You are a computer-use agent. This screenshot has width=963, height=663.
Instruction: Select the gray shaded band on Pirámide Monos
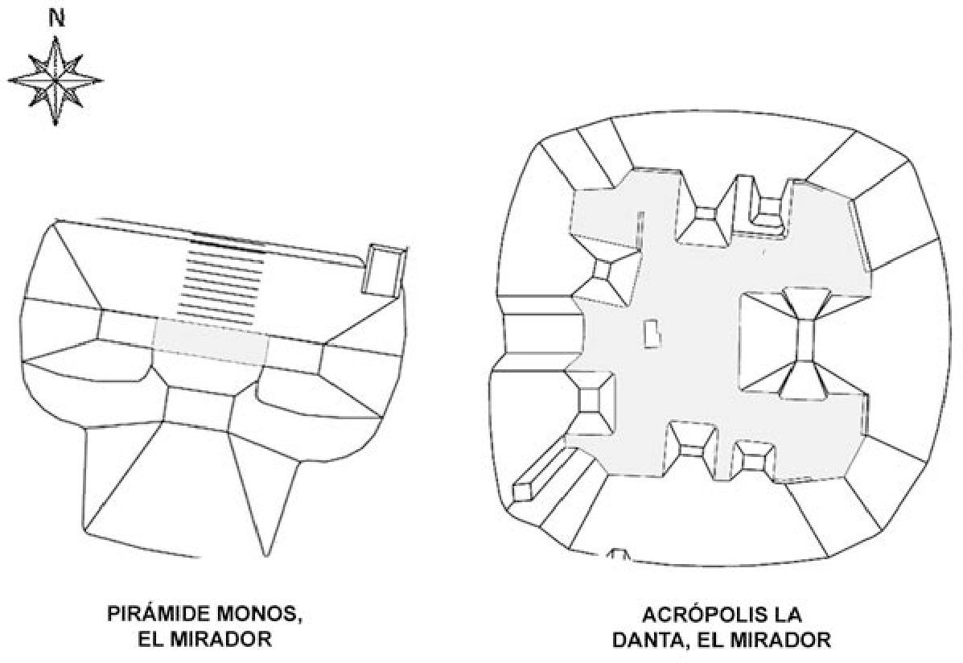211,340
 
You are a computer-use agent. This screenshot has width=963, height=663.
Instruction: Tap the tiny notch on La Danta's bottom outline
619,554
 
